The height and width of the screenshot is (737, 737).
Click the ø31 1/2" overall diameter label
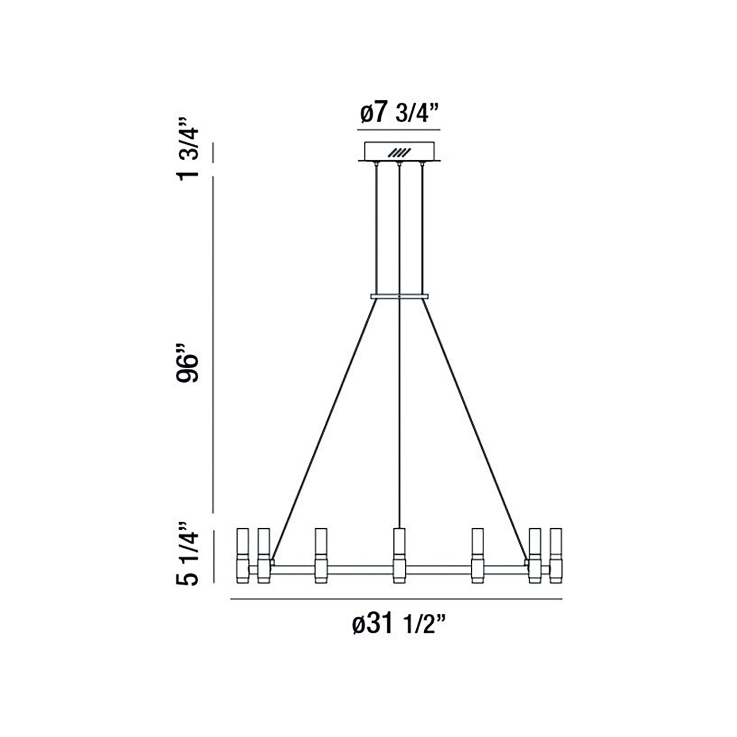point(399,625)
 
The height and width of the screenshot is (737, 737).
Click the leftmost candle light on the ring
point(242,560)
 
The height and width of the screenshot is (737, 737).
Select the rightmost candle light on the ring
point(555,560)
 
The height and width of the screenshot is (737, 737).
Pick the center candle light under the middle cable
point(399,560)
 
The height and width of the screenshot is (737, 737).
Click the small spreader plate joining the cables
point(399,296)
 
